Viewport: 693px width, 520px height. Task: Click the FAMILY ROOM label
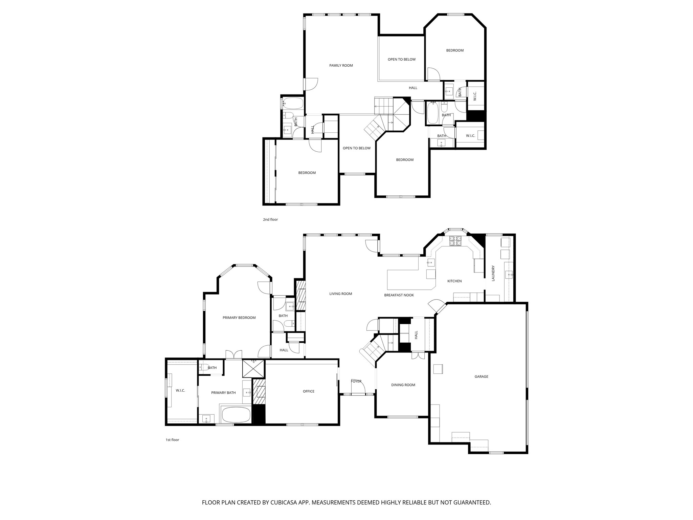(341, 65)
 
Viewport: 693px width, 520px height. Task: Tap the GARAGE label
(481, 376)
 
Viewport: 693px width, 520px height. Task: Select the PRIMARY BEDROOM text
(239, 318)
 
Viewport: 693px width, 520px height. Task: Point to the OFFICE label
(308, 391)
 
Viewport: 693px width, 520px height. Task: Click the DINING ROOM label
(403, 385)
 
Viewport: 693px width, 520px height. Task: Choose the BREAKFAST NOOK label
(399, 295)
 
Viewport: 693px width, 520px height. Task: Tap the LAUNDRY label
(493, 273)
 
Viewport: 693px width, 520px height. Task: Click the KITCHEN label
(454, 281)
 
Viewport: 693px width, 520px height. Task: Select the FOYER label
(356, 381)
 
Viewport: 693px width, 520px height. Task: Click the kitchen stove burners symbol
(455, 241)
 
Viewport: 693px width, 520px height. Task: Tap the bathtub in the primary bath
(236, 415)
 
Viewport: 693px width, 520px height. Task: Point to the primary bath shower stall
(253, 369)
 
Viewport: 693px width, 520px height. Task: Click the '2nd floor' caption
(270, 220)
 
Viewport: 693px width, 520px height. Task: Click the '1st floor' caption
(172, 440)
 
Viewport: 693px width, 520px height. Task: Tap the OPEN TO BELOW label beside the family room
(401, 60)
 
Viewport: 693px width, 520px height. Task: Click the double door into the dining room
(418, 356)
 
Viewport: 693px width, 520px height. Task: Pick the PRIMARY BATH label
(223, 393)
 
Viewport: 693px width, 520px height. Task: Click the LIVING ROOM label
(340, 294)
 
